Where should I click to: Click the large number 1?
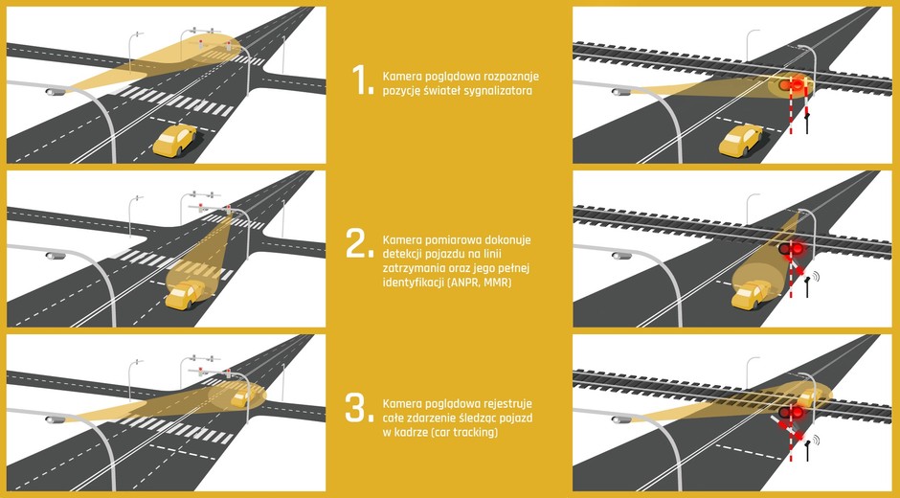click(x=362, y=79)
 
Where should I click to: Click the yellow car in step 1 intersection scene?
click(x=174, y=140)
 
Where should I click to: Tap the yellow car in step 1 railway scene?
click(x=741, y=141)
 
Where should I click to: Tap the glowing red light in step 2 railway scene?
click(x=798, y=248)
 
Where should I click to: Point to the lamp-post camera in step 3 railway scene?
click(x=621, y=419)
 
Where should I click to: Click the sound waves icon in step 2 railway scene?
click(x=816, y=276)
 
